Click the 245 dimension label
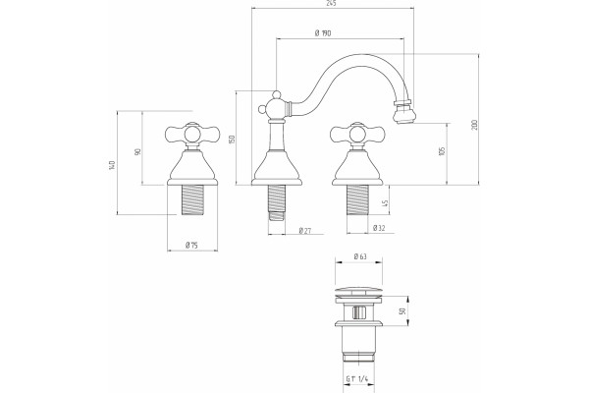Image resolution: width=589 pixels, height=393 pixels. (x=331, y=3)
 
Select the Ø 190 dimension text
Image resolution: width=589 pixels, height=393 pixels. (x=323, y=33)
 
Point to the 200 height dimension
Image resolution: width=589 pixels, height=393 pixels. (x=474, y=125)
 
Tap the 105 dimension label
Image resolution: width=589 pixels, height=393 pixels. (x=442, y=151)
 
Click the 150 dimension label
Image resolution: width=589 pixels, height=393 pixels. (x=232, y=140)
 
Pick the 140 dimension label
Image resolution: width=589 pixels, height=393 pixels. (x=111, y=165)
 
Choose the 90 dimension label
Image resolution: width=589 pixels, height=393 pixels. (x=137, y=152)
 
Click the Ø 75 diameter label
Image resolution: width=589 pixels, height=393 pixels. (x=191, y=246)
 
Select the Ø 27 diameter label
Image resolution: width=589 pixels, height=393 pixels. (x=305, y=231)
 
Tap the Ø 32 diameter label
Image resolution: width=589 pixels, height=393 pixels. (x=379, y=228)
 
